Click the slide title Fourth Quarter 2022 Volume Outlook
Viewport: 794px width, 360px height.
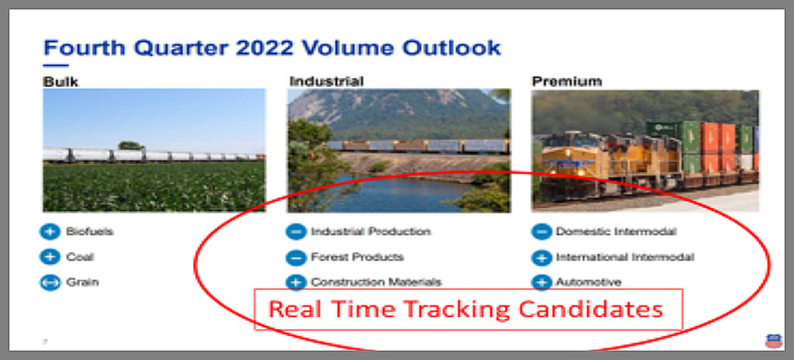tap(272, 47)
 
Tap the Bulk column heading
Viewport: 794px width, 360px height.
tap(60, 81)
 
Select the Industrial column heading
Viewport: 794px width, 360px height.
tap(326, 81)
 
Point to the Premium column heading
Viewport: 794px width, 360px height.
tap(567, 81)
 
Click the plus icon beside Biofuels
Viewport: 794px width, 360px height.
tap(50, 232)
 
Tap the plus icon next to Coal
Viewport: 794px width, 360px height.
tap(50, 257)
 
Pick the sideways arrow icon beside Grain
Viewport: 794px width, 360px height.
tap(50, 282)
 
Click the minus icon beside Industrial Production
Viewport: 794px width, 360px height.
tap(295, 232)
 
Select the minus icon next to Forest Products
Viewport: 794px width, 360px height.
tap(295, 257)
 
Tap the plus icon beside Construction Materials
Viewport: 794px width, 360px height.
tap(295, 282)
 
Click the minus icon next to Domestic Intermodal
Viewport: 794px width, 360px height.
tap(541, 232)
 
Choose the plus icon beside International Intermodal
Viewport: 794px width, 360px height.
tap(541, 257)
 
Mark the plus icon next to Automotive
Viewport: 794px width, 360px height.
tap(541, 282)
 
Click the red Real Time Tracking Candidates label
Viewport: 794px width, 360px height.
tap(465, 309)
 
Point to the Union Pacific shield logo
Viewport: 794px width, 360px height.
tap(773, 341)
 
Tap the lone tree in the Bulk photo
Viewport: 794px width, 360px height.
tap(131, 146)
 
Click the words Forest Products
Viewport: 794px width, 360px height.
tap(357, 257)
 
